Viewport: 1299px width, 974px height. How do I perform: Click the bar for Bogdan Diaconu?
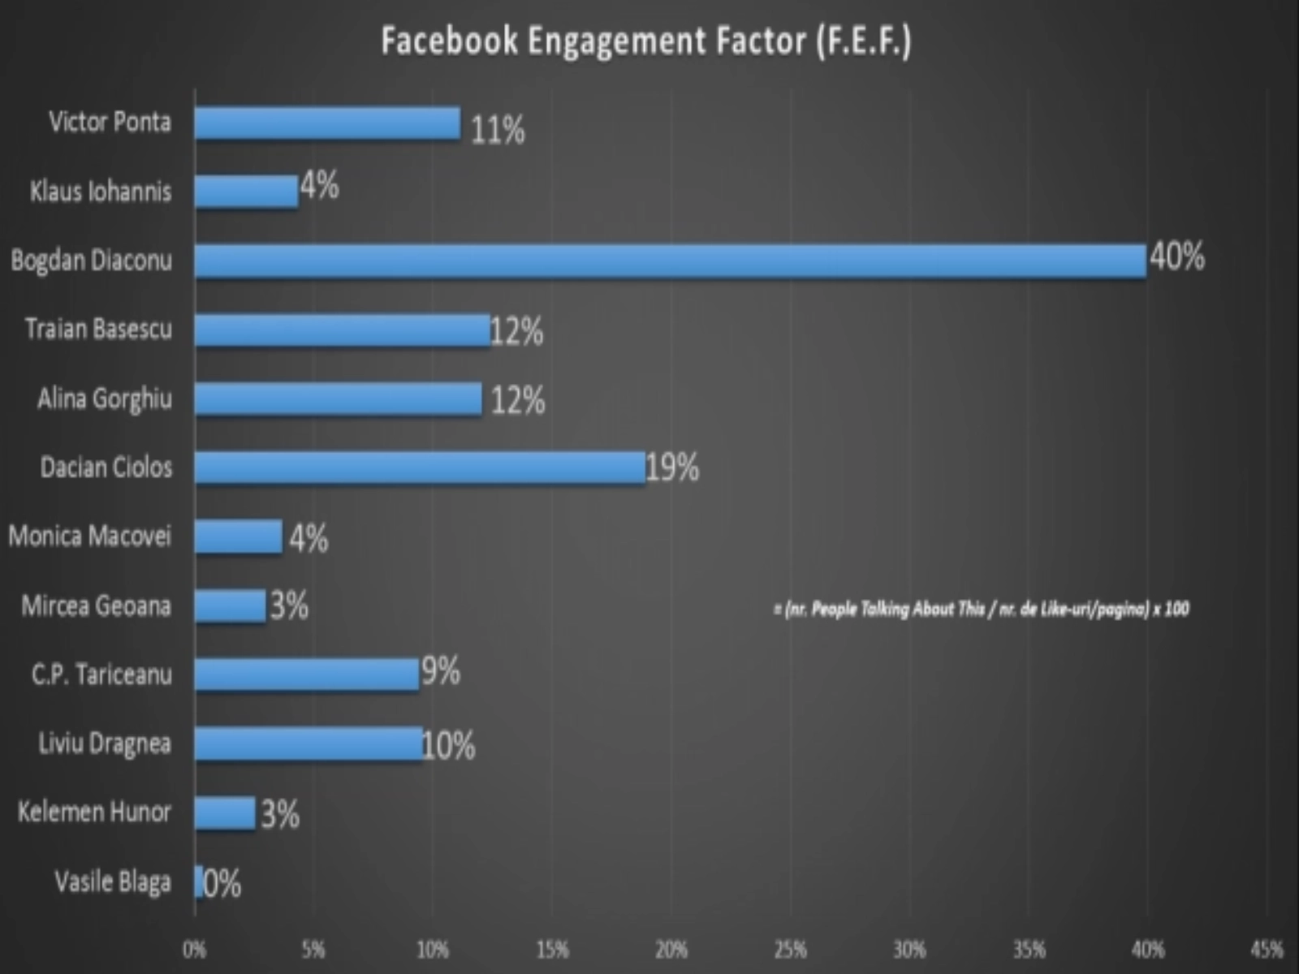(670, 261)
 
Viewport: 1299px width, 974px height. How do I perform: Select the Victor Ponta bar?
(327, 123)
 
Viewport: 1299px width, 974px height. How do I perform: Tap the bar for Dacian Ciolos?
(420, 468)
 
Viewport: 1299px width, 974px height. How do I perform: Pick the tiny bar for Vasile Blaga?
(199, 881)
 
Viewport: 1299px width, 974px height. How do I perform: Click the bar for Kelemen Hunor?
(225, 812)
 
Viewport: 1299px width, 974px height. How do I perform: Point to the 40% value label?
(1176, 257)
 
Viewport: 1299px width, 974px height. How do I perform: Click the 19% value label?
(672, 468)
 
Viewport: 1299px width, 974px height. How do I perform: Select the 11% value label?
(498, 130)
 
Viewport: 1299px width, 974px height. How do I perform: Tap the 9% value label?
(441, 671)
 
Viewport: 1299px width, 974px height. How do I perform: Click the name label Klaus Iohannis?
(101, 192)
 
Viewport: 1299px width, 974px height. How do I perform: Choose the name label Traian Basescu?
(98, 329)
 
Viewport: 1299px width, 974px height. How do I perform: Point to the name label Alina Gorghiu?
(105, 399)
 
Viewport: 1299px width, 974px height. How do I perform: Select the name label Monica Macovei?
(90, 536)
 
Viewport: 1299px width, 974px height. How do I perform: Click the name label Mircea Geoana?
(97, 606)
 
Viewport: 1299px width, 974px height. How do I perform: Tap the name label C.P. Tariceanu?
(101, 674)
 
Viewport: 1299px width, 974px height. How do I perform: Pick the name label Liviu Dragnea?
(105, 743)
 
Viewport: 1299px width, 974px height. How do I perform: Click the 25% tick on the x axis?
(790, 949)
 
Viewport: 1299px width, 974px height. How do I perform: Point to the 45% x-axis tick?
(1267, 949)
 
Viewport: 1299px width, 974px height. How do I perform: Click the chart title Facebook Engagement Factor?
(646, 41)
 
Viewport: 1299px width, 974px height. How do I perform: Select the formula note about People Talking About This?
(981, 609)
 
